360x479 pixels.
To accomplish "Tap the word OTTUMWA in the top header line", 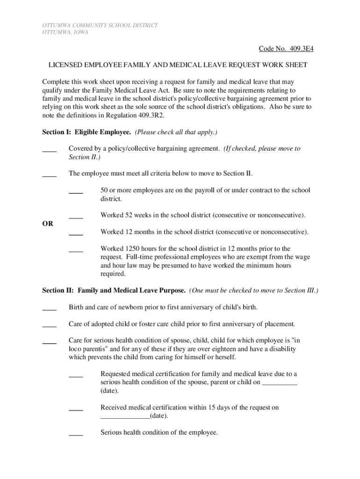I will click(x=43, y=25).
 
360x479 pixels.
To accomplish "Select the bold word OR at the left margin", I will click(x=47, y=224).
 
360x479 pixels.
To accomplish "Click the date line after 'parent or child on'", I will click(x=280, y=384).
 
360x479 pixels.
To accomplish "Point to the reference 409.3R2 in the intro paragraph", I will click(x=148, y=115).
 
